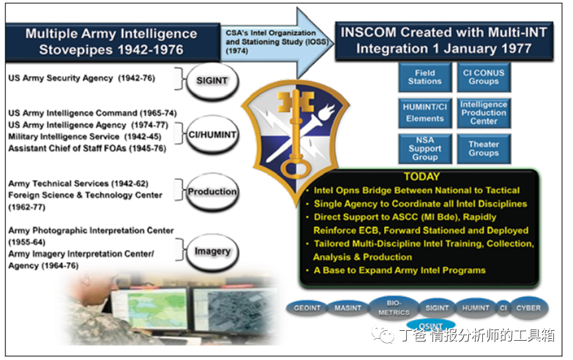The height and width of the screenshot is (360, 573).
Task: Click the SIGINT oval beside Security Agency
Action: [x=213, y=82]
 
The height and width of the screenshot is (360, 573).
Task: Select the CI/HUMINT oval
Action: [x=213, y=135]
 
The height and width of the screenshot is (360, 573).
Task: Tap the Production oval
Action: [x=213, y=192]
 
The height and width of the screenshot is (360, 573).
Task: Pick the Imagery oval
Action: [x=213, y=251]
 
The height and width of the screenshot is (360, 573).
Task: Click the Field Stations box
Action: [x=425, y=77]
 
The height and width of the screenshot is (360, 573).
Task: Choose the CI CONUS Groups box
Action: [x=484, y=77]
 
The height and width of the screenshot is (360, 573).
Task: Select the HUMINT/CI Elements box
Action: [x=425, y=113]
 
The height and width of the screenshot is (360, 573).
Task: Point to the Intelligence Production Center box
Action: [x=484, y=113]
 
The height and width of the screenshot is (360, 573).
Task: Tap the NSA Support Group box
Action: [x=425, y=149]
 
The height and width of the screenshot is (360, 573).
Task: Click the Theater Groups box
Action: [x=484, y=149]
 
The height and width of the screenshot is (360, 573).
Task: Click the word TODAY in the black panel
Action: [x=422, y=177]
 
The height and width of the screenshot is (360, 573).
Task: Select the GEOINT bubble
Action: [x=307, y=308]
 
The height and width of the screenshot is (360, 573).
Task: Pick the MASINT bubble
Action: [x=348, y=308]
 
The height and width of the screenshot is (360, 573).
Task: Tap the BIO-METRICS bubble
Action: [x=394, y=308]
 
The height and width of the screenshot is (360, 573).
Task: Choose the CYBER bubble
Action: [x=529, y=308]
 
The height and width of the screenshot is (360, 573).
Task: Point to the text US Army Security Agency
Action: [x=61, y=78]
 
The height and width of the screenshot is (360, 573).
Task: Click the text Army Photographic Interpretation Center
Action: [x=91, y=231]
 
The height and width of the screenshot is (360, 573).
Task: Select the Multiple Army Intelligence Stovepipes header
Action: [x=112, y=42]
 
